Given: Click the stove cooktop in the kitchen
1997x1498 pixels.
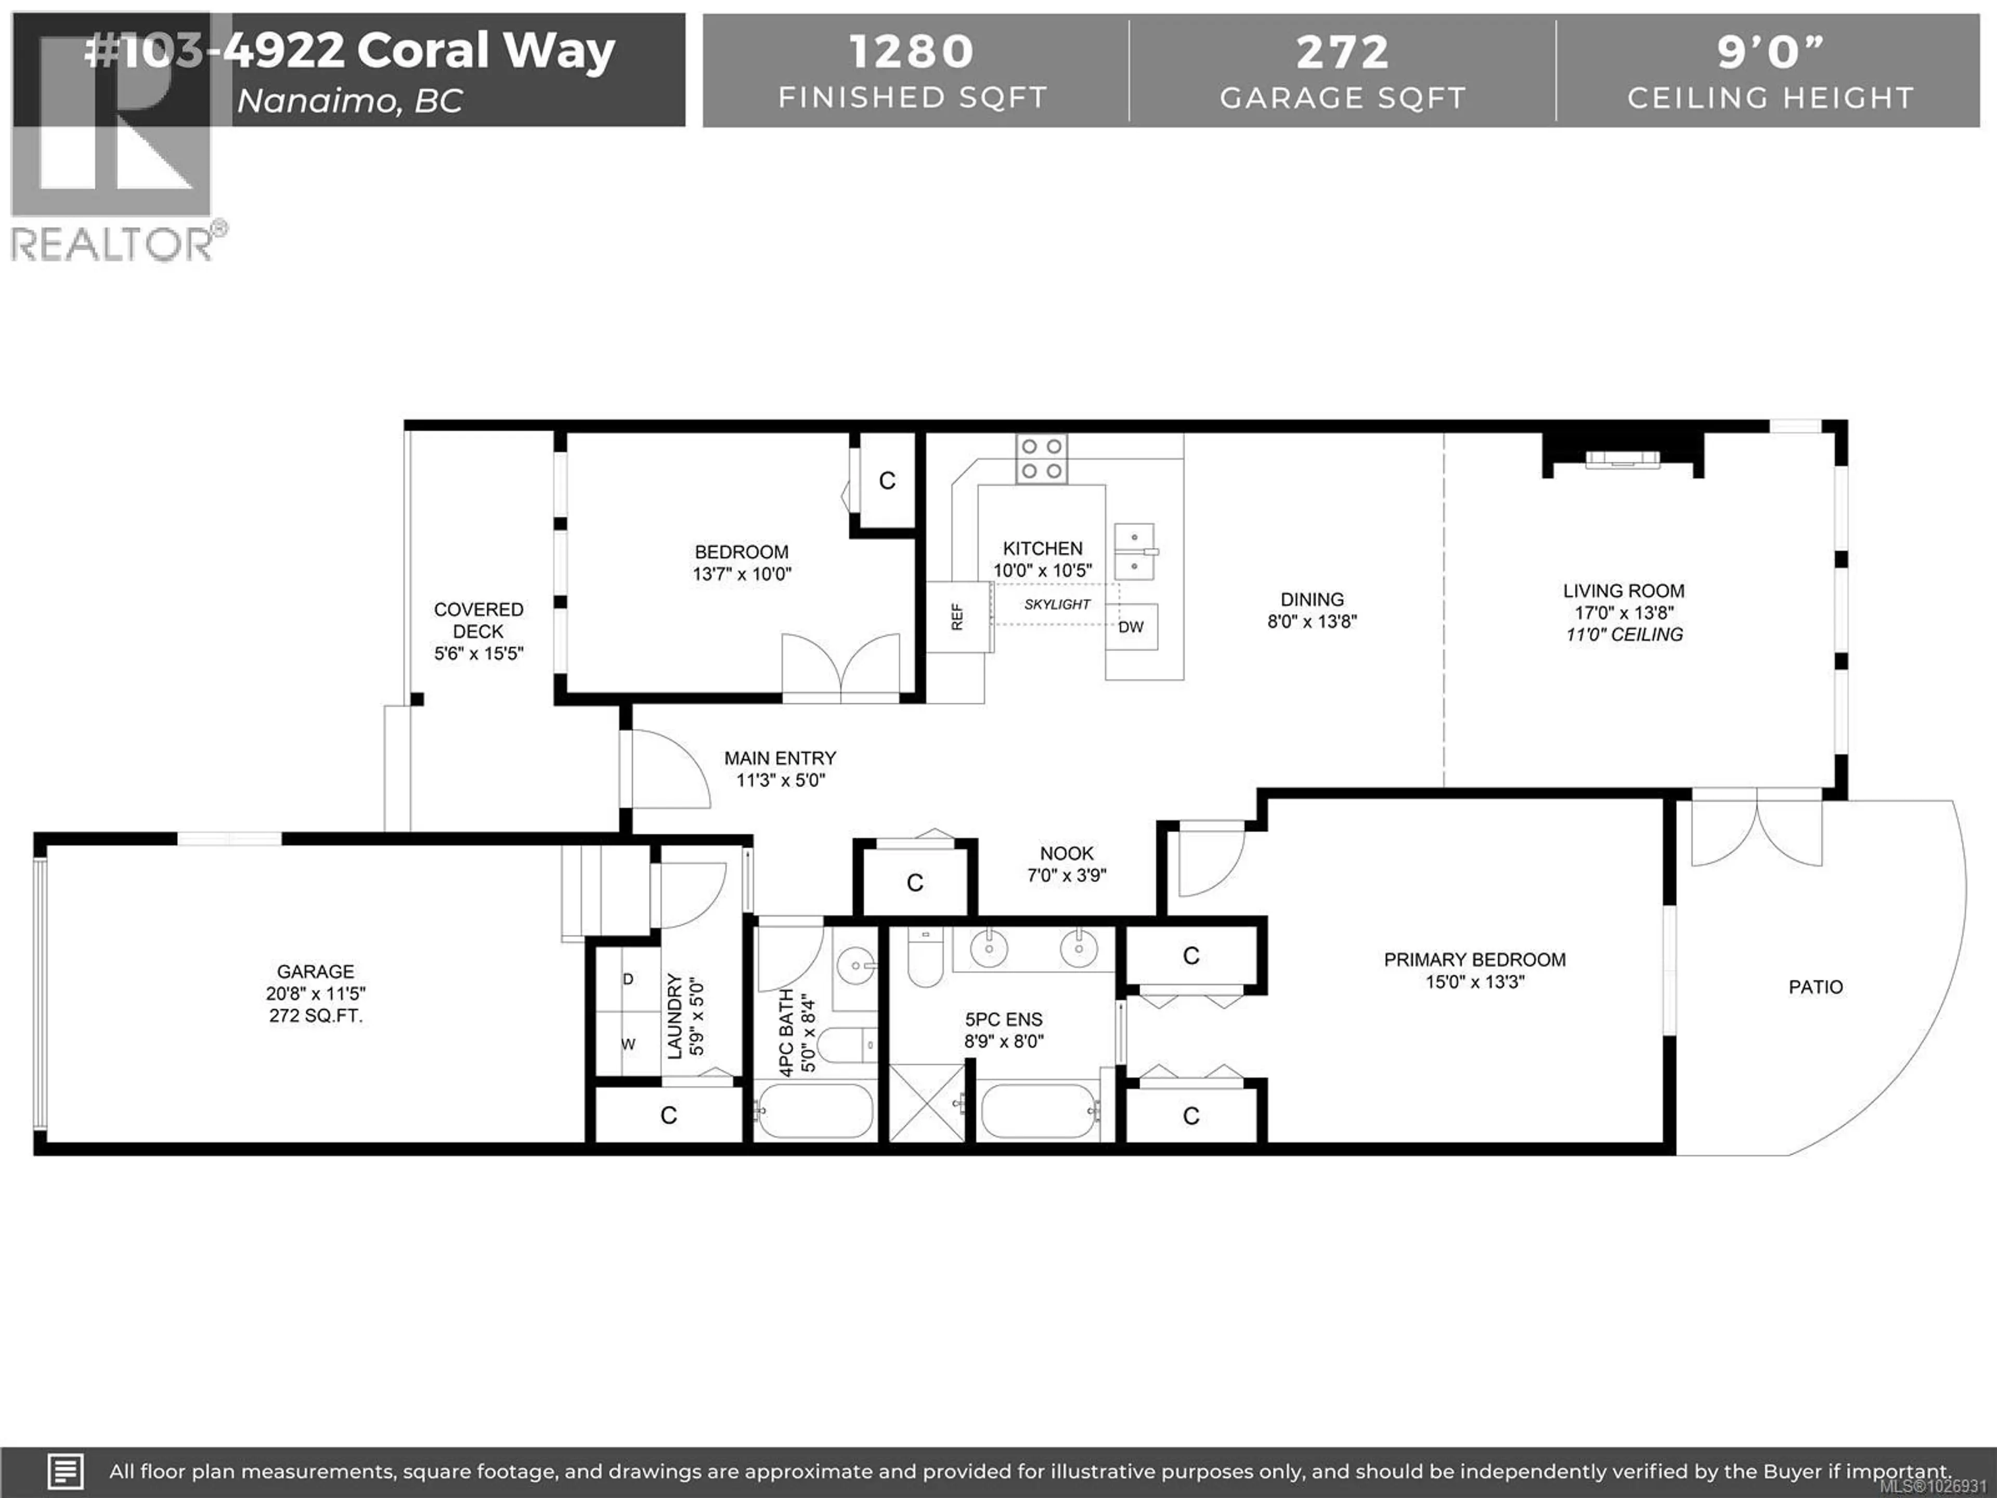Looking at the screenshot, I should pyautogui.click(x=1042, y=459).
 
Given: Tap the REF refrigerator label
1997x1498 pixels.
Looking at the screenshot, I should pyautogui.click(x=957, y=617).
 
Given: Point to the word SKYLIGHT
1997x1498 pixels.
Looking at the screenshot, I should pyautogui.click(x=1057, y=604).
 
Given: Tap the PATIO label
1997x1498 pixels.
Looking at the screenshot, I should pyautogui.click(x=1816, y=987).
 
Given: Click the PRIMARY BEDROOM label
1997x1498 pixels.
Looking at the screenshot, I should pyautogui.click(x=1474, y=960).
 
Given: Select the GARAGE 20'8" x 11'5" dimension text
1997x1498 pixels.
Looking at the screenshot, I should pyautogui.click(x=315, y=993).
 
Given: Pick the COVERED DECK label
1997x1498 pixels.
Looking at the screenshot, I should pyautogui.click(x=478, y=621).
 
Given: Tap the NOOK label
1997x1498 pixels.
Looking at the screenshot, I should pyautogui.click(x=1066, y=854).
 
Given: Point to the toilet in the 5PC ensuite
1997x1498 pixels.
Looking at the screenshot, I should pyautogui.click(x=925, y=957).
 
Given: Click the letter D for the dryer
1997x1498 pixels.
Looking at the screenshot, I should pyautogui.click(x=628, y=979).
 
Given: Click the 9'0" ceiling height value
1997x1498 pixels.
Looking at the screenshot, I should pyautogui.click(x=1770, y=53).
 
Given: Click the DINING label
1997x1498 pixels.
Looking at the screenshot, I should pyautogui.click(x=1312, y=600).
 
